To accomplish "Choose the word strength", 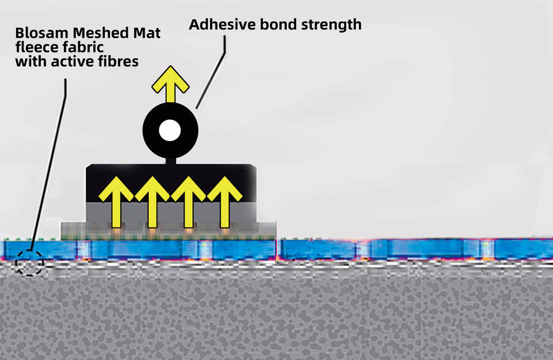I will click(x=333, y=25).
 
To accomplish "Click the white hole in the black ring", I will click(x=170, y=130).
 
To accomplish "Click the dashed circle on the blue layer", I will click(x=29, y=263).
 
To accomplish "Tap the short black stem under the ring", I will click(x=170, y=161).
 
